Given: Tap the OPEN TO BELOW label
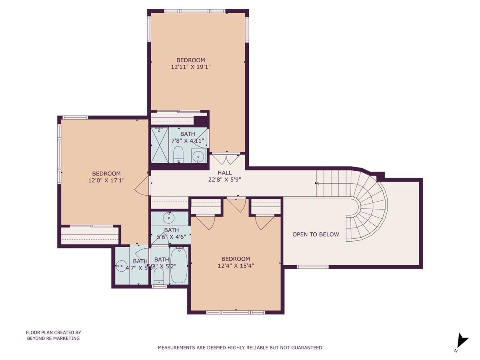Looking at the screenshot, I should pyautogui.click(x=316, y=234).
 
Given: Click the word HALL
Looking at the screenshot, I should pyautogui.click(x=225, y=173).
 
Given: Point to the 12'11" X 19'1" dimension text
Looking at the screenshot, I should pyautogui.click(x=191, y=67).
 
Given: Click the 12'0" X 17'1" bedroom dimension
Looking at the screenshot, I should pyautogui.click(x=106, y=180).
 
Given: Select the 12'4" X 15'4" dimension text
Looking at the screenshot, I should pyautogui.click(x=236, y=266).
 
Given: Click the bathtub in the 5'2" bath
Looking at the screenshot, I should pyautogui.click(x=178, y=266).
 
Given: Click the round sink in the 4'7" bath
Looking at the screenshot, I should pyautogui.click(x=122, y=266).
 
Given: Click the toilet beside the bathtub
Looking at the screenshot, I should pyautogui.click(x=159, y=275).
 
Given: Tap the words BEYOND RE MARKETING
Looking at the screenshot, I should pyautogui.click(x=53, y=338).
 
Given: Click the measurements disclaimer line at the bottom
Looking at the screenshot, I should pyautogui.click(x=240, y=348).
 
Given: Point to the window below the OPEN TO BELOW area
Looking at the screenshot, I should pyautogui.click(x=312, y=266).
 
